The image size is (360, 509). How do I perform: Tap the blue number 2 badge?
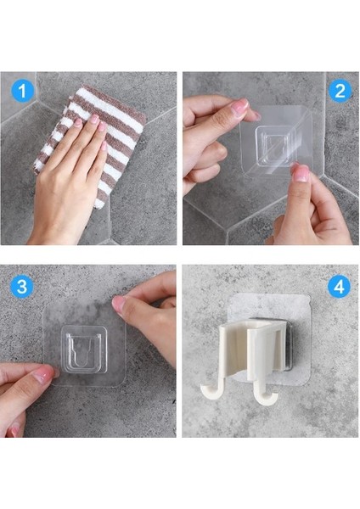[340, 91]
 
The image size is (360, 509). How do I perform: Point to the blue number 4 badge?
[340, 287]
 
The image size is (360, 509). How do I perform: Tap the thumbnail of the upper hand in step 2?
[239, 108]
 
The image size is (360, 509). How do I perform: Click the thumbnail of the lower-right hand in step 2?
[301, 173]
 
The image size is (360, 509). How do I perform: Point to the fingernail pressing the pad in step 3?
[119, 304]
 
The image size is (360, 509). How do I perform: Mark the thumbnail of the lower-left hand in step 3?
[42, 375]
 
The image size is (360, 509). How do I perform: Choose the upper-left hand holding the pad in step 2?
[208, 127]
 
